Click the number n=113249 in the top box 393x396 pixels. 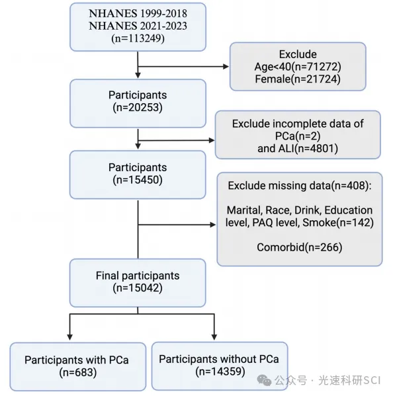pyautogui.click(x=138, y=38)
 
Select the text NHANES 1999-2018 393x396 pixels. pyautogui.click(x=138, y=14)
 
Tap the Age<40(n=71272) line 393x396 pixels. pyautogui.click(x=298, y=67)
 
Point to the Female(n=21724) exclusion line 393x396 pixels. pyautogui.click(x=298, y=79)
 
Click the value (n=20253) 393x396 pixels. pyautogui.click(x=138, y=107)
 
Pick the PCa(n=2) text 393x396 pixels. pyautogui.click(x=298, y=136)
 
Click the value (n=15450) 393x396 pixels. pyautogui.click(x=138, y=180)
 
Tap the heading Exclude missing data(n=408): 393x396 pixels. pyautogui.click(x=300, y=186)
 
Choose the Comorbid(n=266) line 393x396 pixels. pyautogui.click(x=300, y=247)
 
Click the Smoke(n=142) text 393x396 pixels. pyautogui.click(x=338, y=223)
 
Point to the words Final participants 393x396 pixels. pyautogui.click(x=138, y=276)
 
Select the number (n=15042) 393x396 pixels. pyautogui.click(x=138, y=288)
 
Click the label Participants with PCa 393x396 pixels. pyautogui.click(x=77, y=360)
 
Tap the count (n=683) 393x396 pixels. pyautogui.click(x=78, y=372)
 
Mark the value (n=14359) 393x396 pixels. pyautogui.click(x=220, y=372)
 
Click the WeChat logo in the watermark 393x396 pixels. pyautogui.click(x=264, y=380)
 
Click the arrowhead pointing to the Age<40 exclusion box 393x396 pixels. pyautogui.click(x=226, y=67)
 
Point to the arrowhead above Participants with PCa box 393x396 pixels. pyautogui.click(x=69, y=337)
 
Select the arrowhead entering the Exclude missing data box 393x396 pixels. pyautogui.click(x=213, y=225)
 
